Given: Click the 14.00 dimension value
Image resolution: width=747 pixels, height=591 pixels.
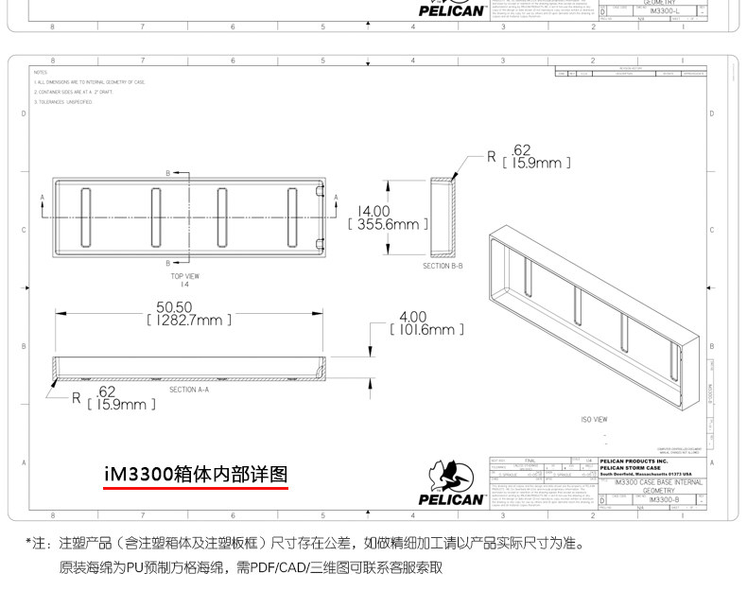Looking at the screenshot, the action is (373, 211).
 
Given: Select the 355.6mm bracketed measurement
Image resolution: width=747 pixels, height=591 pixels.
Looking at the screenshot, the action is (388, 225).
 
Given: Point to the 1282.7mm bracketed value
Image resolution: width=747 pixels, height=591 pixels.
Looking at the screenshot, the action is (189, 321).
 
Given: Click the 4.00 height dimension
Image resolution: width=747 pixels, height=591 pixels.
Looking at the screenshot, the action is (413, 316).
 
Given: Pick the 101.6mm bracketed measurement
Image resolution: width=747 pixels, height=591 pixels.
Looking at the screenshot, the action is (426, 330).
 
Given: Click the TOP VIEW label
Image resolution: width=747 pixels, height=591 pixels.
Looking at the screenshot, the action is (184, 276).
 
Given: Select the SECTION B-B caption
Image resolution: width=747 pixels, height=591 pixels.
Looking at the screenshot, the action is (442, 267).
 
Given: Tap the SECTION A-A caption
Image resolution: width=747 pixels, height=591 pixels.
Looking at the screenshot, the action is (188, 389).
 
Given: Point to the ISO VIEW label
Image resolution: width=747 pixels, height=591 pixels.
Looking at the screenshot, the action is (594, 419).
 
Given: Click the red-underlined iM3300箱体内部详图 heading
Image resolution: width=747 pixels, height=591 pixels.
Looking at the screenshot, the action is (196, 474).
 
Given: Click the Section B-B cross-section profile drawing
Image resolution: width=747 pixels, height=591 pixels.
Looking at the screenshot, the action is (442, 217).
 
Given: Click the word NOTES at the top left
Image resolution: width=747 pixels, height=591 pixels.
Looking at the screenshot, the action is (40, 72).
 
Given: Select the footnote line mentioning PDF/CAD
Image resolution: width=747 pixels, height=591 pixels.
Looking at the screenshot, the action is (251, 568).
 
